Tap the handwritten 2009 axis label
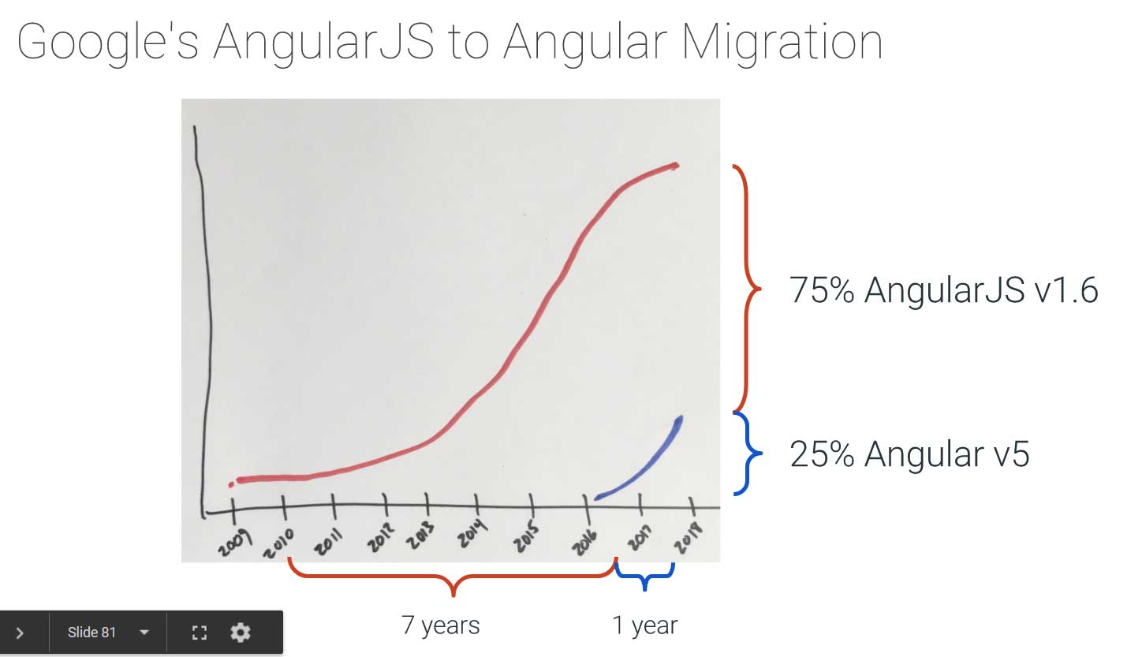[234, 543]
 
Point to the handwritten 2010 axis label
[279, 543]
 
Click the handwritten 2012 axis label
[381, 537]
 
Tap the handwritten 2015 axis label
[526, 536]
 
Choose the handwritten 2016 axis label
[584, 541]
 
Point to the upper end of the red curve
[676, 166]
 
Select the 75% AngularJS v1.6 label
[943, 290]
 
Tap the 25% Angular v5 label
[909, 454]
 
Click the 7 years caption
[441, 625]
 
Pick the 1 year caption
[645, 625]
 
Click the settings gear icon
[240, 633]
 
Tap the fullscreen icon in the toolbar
[200, 633]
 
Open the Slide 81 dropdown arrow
[144, 633]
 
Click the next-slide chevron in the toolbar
[20, 633]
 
